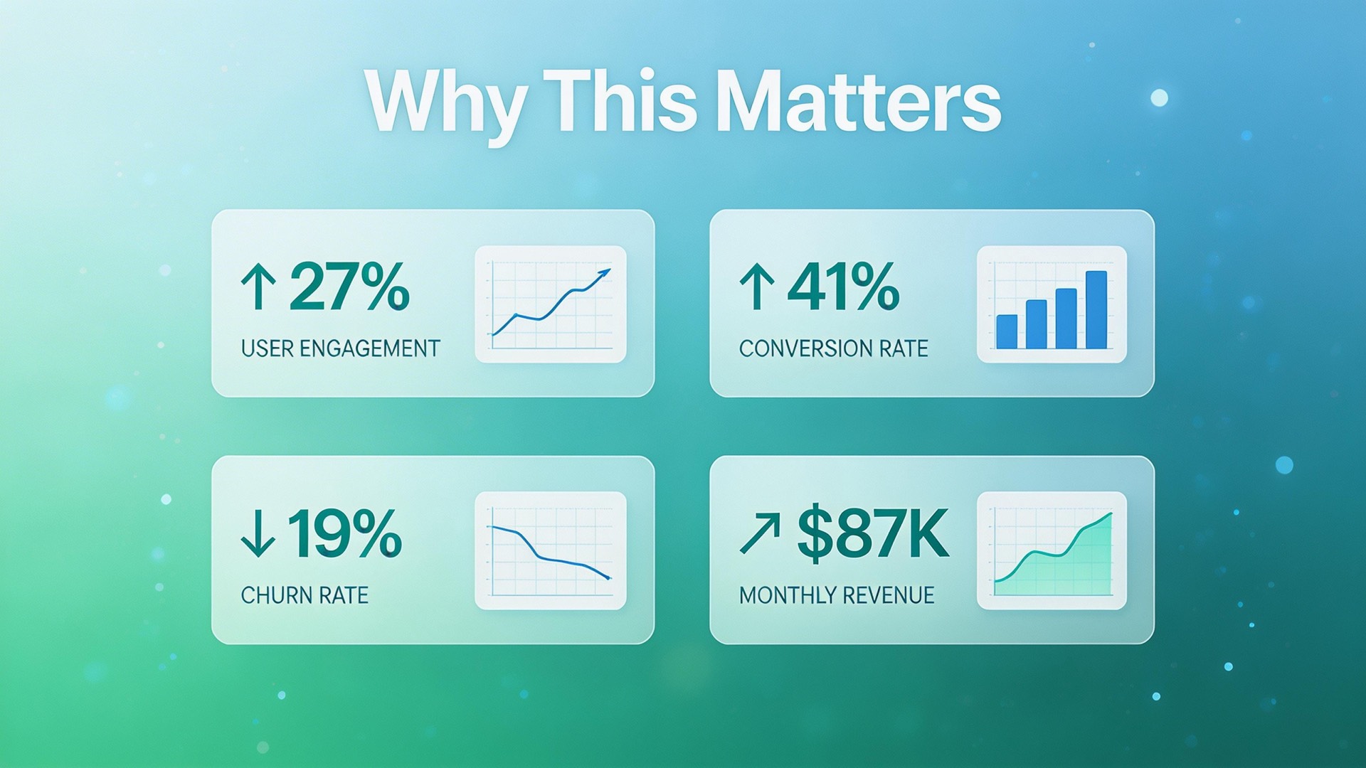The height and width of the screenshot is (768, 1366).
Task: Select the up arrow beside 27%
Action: pos(258,286)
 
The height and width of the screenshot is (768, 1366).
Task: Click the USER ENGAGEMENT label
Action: pos(341,348)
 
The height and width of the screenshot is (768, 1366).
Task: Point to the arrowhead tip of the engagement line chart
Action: pos(610,270)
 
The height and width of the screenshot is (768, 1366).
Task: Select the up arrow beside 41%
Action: pos(757,286)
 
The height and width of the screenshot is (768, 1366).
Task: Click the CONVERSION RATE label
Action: pos(834,348)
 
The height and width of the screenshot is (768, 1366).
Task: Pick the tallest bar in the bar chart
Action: pos(1096,309)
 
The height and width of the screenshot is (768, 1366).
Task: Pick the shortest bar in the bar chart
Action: pos(1007,331)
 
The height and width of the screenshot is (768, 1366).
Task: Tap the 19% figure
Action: pos(344,533)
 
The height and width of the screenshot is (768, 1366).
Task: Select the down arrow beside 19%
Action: pos(258,533)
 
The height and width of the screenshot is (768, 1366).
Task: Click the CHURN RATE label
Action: pos(305,595)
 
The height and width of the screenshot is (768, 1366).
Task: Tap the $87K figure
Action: pos(873,533)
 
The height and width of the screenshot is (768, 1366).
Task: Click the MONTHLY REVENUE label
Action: pos(837,595)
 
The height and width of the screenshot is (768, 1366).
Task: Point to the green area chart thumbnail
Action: pos(1052,550)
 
